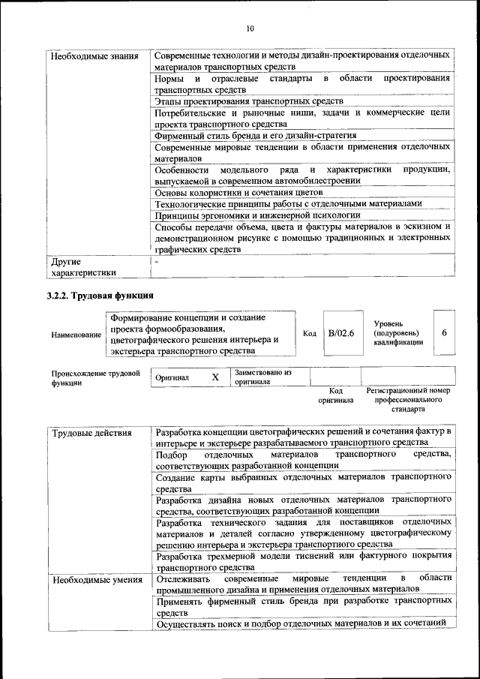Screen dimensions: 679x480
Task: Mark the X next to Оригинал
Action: (215, 377)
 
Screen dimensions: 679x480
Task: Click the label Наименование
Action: (76, 335)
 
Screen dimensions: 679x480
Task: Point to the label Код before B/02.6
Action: (309, 333)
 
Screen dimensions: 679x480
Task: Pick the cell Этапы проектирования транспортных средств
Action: (249, 101)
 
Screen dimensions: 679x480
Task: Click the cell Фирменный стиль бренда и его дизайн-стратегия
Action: (255, 136)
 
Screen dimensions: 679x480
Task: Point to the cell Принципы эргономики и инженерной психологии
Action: (252, 215)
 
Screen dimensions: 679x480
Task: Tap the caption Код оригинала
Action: (335, 395)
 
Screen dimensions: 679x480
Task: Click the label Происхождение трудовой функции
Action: (96, 377)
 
